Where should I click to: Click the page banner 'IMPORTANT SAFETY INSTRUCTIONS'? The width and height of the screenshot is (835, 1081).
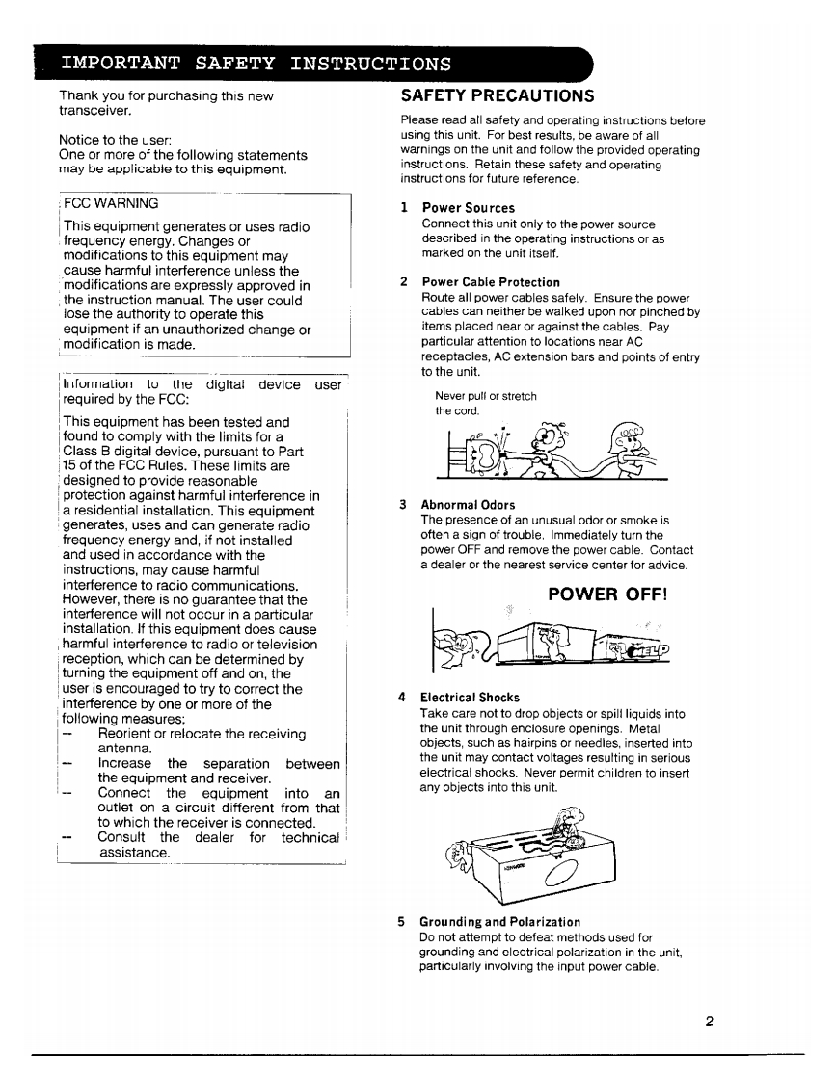(x=256, y=65)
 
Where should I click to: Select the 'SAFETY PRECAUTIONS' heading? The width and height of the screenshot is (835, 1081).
(x=498, y=96)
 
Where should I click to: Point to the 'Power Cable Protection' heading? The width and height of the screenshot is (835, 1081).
(x=490, y=282)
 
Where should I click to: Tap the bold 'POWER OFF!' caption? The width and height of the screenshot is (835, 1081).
(x=606, y=594)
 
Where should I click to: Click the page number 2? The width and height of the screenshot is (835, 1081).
(x=709, y=1022)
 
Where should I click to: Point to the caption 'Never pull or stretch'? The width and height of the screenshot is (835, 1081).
(x=485, y=396)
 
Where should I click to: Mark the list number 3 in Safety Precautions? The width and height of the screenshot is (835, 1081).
(x=402, y=505)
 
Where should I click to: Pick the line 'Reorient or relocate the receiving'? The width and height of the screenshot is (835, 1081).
(x=202, y=734)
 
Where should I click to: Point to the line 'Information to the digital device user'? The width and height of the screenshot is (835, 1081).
(x=202, y=384)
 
